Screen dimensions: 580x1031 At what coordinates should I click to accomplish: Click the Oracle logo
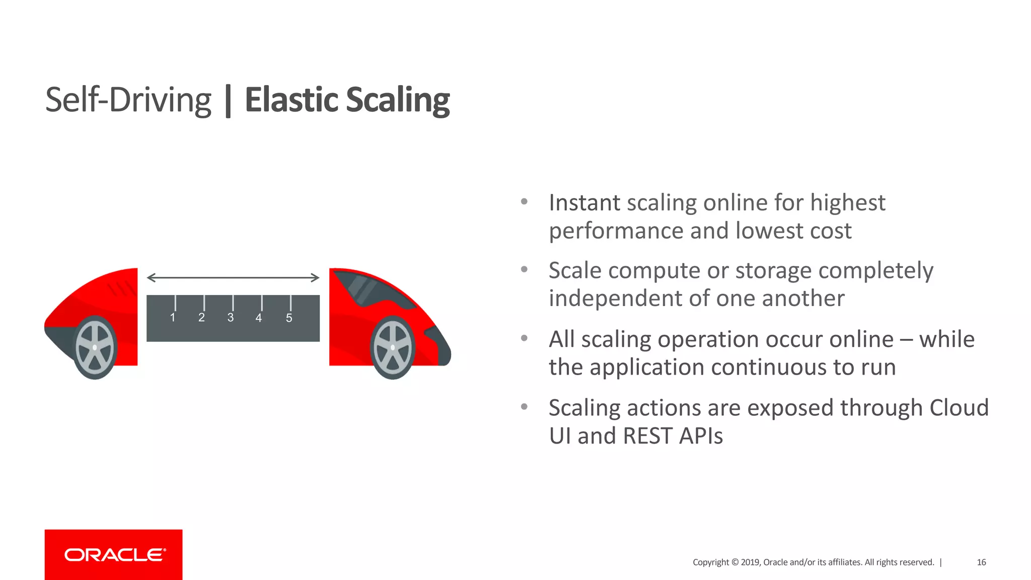click(x=114, y=555)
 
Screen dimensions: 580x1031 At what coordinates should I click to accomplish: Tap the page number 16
click(x=981, y=562)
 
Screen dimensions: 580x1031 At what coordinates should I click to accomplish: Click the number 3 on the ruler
click(x=231, y=318)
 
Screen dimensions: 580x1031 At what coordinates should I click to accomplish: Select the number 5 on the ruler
click(x=289, y=318)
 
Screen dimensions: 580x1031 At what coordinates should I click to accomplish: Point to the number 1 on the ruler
click(x=173, y=318)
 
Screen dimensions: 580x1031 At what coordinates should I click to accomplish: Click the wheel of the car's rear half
click(x=95, y=347)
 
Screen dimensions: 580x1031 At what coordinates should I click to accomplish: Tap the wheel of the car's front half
click(x=393, y=347)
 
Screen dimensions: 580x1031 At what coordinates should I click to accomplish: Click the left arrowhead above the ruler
click(x=151, y=277)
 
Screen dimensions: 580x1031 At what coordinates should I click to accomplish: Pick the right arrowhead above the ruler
click(x=316, y=277)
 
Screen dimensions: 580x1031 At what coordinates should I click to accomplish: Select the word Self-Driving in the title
click(x=128, y=100)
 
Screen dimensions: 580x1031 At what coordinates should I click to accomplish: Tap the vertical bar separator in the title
click(x=228, y=101)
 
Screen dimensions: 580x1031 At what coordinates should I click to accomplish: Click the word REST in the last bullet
click(x=647, y=436)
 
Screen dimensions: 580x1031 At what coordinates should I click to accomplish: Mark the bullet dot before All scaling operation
click(x=524, y=338)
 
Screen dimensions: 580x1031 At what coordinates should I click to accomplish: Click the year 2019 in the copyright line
click(x=750, y=562)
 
